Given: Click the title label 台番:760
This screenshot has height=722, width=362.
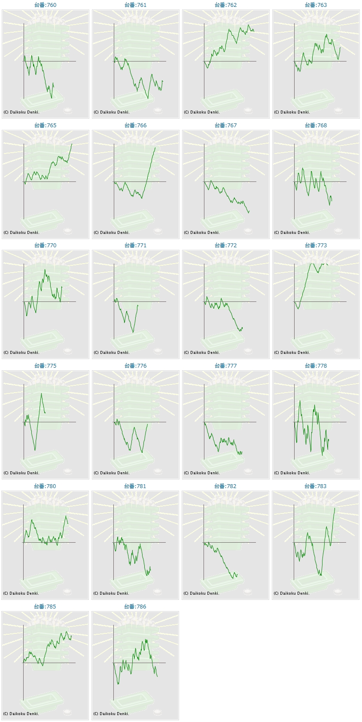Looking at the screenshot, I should coord(45,5).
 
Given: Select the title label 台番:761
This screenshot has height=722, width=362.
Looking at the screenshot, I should coord(135,5).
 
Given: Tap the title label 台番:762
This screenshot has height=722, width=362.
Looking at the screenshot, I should coord(225,5).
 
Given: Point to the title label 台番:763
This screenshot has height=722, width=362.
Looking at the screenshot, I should coord(316,5).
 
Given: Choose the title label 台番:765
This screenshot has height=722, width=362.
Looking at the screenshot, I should coord(45,126).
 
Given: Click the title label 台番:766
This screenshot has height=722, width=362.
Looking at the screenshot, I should coord(135,126).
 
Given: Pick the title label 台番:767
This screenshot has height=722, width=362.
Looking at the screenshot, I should coord(225,126).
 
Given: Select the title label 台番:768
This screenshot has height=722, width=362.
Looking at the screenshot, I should coord(316,126).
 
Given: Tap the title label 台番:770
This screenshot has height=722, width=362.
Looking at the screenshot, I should coord(45,246).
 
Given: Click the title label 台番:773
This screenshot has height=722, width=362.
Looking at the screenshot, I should coord(316,246).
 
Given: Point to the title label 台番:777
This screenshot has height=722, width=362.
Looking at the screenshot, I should coord(225,366).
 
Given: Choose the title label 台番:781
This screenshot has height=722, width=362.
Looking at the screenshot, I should coord(135,486).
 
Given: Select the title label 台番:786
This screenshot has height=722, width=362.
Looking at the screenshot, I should coord(135,607).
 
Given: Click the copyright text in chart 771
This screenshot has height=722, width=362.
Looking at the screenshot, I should coord(112,353).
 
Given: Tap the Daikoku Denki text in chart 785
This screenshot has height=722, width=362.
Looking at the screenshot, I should coord(24,714).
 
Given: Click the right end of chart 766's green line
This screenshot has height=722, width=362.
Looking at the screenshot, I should coord(155,148).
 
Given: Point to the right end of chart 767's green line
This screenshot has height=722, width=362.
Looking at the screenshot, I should coord(249,211).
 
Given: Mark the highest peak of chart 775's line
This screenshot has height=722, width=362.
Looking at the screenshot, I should coord(42,393).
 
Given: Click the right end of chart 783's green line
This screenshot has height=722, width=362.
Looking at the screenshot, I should coord(335,508).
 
